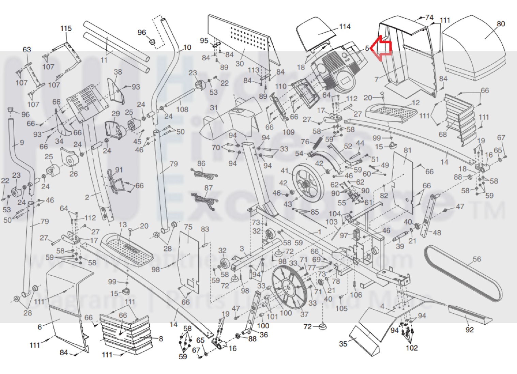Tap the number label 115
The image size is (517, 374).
point(66,28)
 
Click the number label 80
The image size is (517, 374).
point(501,24)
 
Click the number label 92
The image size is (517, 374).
point(469,329)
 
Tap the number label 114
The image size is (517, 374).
point(345,27)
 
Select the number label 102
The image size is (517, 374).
point(411,348)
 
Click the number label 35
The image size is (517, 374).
point(343,344)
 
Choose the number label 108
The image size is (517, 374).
point(182,109)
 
